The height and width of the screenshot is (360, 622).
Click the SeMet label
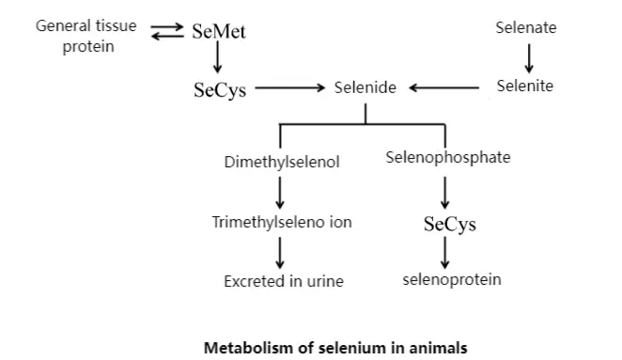[x=218, y=32]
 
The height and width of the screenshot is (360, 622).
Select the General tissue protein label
[x=86, y=36]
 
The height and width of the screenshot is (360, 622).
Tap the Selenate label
[x=525, y=27]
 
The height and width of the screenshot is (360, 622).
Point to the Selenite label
[x=524, y=86]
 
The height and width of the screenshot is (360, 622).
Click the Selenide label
[x=365, y=87]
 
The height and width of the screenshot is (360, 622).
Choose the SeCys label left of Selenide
[x=220, y=89]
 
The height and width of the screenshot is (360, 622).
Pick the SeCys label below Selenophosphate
[x=449, y=225]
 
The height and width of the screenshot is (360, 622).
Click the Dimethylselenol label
[x=282, y=162]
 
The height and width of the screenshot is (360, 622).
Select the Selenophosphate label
[x=448, y=157]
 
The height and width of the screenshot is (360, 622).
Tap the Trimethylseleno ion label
[x=280, y=222]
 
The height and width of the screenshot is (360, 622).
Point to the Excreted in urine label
[x=283, y=280]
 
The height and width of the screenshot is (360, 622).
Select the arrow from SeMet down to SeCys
[x=218, y=60]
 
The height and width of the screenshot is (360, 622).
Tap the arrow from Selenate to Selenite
[x=529, y=57]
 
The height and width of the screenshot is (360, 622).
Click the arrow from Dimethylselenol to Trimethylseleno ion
[x=280, y=192]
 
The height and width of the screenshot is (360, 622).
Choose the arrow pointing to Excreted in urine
[x=280, y=251]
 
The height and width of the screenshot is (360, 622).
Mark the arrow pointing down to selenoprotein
[x=445, y=253]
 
